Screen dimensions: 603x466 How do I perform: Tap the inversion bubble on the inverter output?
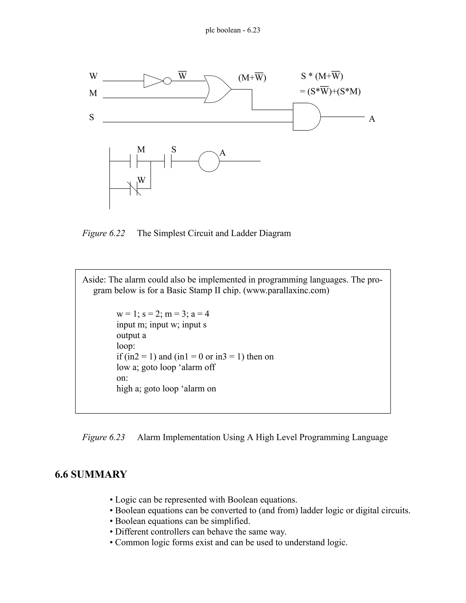coord(167,81)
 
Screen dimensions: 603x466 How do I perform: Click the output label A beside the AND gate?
coord(372,119)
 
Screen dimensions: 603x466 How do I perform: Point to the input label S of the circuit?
coord(92,117)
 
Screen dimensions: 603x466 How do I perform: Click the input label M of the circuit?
coord(93,93)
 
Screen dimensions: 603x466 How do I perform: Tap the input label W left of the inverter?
coord(93,76)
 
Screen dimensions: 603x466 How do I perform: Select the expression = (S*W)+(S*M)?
coord(330,91)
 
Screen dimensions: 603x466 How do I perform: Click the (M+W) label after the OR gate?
coord(252,78)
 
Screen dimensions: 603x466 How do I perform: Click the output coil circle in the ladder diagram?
coord(209,162)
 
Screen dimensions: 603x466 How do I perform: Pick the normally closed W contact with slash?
coord(134,189)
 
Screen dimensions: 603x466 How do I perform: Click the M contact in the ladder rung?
coord(134,161)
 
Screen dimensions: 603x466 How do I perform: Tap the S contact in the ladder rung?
coord(168,161)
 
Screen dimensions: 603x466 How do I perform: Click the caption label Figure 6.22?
coord(104,233)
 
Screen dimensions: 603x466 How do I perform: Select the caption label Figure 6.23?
coord(104,437)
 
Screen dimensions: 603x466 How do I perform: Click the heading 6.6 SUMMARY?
coord(91,474)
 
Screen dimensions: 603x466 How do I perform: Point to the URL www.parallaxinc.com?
coord(286,290)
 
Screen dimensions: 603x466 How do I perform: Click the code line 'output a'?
coord(131,335)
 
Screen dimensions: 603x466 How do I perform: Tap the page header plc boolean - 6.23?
coord(233,30)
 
